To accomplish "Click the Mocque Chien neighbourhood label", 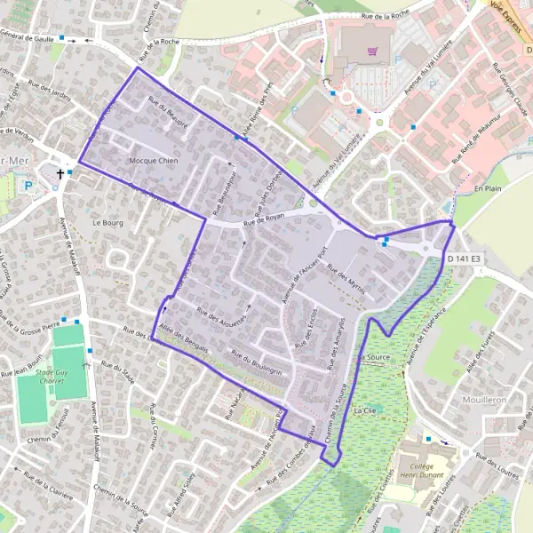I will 154,161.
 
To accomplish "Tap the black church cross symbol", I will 60,174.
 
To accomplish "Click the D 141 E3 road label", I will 468,259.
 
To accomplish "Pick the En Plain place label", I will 488,189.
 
